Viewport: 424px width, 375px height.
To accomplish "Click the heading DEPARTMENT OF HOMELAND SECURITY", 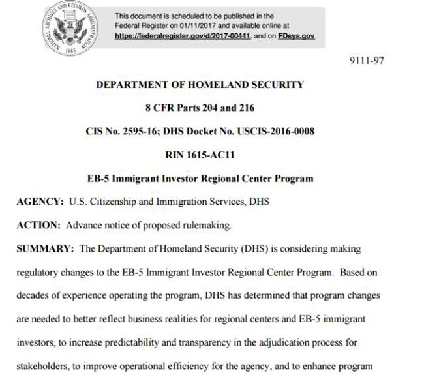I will (200, 84).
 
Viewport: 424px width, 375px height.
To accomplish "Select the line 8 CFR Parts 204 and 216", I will (200, 108).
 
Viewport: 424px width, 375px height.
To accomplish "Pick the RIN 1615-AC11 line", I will (200, 155).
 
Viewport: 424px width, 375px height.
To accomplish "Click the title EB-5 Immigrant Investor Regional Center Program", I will (200, 178).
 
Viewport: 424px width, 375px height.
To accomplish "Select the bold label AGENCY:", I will (40, 202).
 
